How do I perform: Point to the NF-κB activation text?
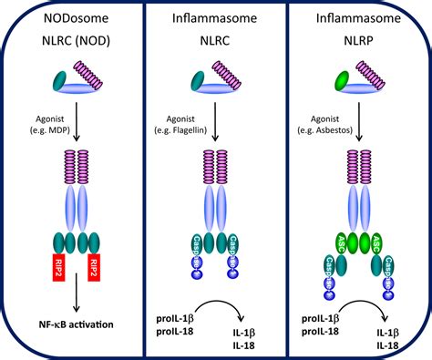[72, 325]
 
